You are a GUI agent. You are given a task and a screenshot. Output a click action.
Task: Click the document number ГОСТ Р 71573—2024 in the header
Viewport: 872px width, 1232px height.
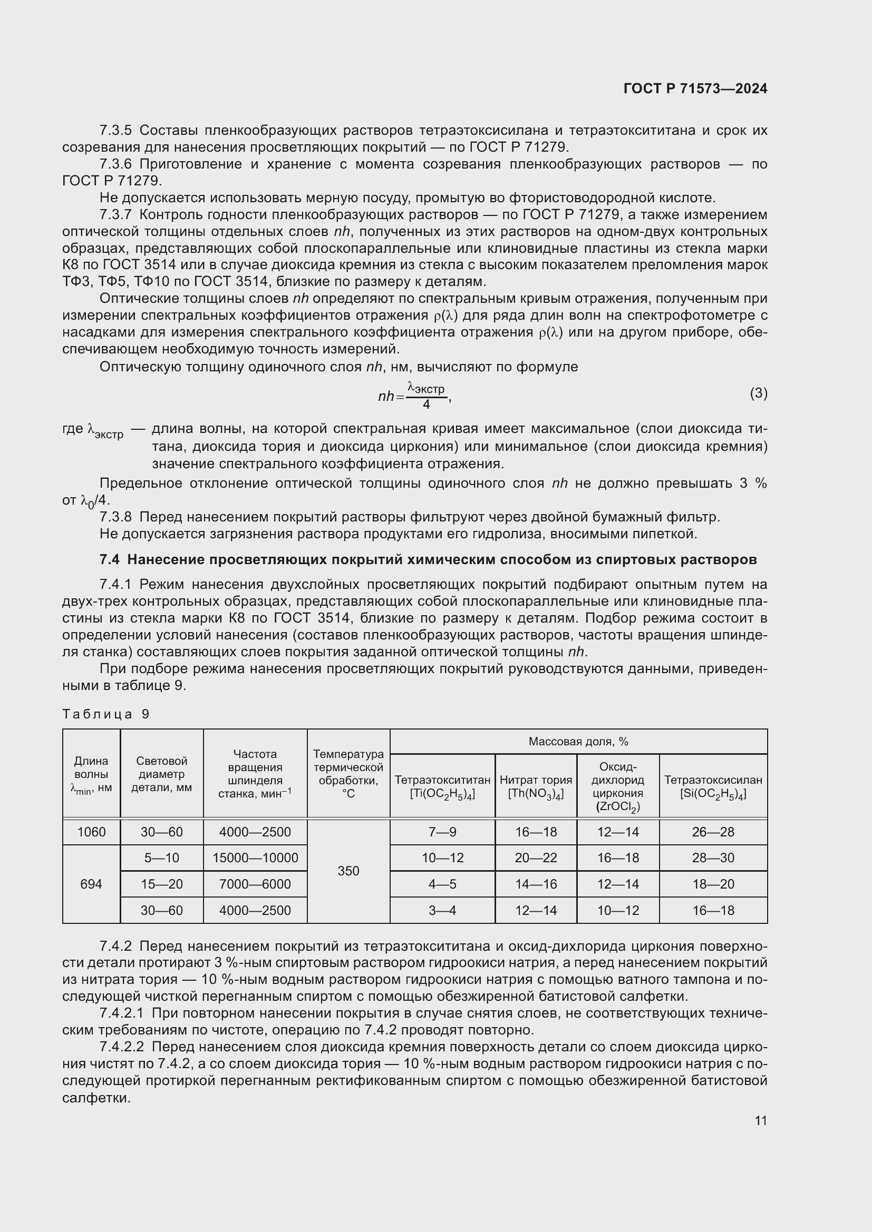coord(695,89)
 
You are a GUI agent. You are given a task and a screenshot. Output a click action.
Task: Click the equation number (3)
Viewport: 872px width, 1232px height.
coord(758,393)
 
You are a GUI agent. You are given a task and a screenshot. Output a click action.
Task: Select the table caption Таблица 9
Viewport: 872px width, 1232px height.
coord(106,714)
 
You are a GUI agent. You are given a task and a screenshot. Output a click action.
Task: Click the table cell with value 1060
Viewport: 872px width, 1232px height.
coord(91,832)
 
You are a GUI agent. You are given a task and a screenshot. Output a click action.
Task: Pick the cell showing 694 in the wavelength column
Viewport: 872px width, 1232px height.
coord(91,884)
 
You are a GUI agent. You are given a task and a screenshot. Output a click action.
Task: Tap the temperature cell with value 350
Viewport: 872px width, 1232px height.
coord(348,871)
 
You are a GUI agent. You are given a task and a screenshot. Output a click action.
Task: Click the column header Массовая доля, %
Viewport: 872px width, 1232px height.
coord(578,742)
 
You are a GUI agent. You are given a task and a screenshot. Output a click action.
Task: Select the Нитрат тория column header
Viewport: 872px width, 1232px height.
coord(535,786)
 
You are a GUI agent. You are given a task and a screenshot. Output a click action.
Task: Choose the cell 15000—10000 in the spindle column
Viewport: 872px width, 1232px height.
coord(255,858)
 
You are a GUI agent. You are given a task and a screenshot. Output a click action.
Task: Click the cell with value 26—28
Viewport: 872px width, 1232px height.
coord(713,832)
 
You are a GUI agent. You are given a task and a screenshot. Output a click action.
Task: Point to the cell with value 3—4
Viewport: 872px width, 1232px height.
coord(442,910)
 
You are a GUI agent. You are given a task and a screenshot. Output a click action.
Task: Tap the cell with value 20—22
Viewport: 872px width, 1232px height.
coord(535,858)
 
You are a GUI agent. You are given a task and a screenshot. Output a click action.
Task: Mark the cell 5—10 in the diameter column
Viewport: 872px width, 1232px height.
coord(162,858)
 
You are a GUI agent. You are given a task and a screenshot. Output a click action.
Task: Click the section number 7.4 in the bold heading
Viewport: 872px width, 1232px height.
coord(110,560)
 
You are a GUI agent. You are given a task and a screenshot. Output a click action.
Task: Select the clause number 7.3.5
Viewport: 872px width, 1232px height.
coord(115,131)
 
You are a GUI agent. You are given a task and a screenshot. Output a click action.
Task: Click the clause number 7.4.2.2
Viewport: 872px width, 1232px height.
coord(122,1047)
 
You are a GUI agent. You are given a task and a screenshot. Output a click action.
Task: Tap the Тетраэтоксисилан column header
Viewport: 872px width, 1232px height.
coord(713,786)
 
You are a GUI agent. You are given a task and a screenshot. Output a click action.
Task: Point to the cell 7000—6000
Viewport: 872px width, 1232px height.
coord(255,884)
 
